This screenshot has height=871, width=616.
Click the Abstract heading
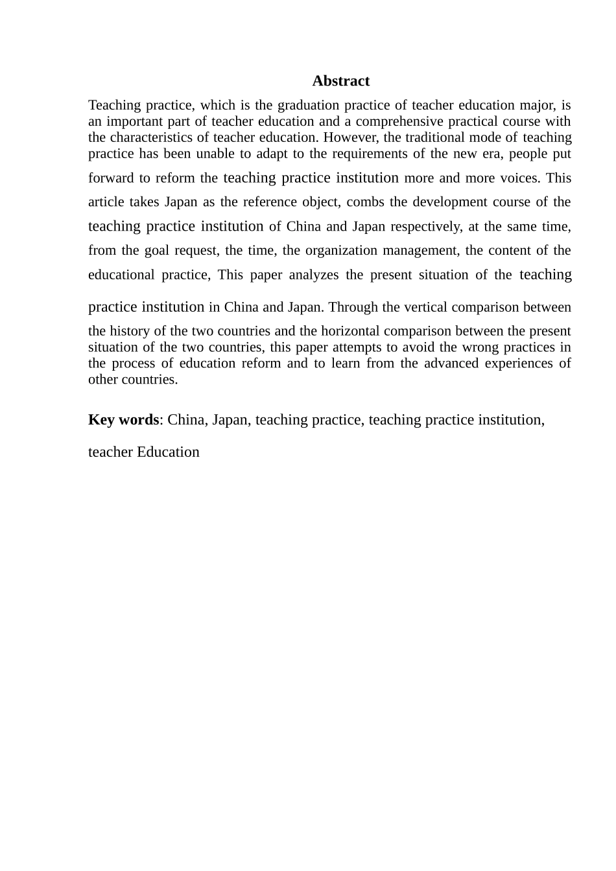click(340, 81)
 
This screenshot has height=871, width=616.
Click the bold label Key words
click(123, 420)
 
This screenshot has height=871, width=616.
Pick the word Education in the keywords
click(168, 452)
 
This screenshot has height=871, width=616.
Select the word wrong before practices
click(479, 347)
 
